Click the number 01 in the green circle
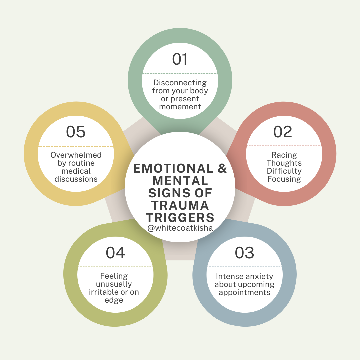(180, 59)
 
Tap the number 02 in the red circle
(282, 132)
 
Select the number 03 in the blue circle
(244, 253)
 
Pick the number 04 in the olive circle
(115, 253)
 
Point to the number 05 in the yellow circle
(76, 132)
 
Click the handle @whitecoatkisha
(180, 228)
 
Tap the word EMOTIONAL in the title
(173, 168)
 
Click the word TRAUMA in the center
(180, 205)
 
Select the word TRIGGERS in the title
(180, 217)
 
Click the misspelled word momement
(180, 107)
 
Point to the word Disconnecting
(180, 83)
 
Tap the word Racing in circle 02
(284, 155)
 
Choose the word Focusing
(284, 179)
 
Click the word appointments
(244, 293)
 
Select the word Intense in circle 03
(227, 276)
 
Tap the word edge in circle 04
(114, 300)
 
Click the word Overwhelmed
(76, 155)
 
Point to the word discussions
(76, 179)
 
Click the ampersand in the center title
(222, 168)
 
